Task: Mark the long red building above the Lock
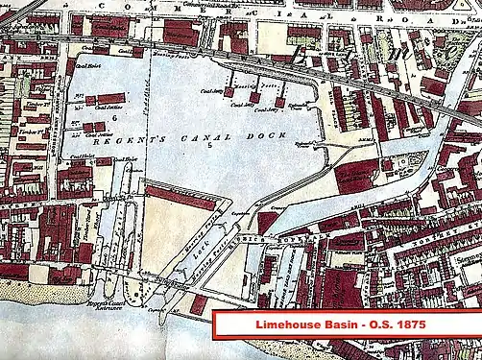pos(181,198)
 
